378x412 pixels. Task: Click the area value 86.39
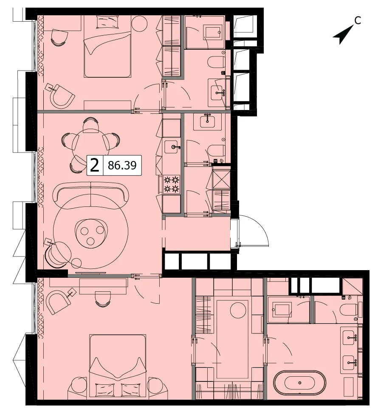(x=122, y=166)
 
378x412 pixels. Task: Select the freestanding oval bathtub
(x=300, y=383)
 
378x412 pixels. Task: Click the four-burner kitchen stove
(x=171, y=184)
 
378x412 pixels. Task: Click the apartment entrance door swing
(x=254, y=231)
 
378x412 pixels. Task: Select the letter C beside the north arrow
(x=358, y=20)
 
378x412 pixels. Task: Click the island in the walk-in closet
(x=232, y=339)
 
